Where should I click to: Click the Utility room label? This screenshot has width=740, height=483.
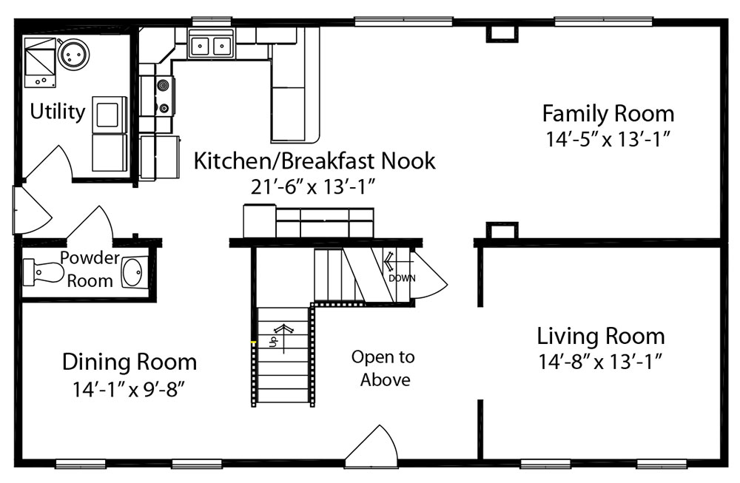(x=58, y=112)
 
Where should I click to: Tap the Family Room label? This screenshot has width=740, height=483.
(x=608, y=114)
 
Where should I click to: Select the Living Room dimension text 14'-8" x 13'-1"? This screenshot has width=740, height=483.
(x=601, y=362)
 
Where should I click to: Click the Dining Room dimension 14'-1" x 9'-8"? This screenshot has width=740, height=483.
(x=128, y=389)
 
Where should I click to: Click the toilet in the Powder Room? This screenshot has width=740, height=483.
(x=44, y=272)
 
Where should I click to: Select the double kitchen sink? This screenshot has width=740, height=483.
(x=210, y=46)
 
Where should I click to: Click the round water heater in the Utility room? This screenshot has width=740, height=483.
(x=73, y=54)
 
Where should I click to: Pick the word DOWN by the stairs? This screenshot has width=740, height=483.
(x=402, y=278)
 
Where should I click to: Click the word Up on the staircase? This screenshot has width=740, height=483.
(x=273, y=340)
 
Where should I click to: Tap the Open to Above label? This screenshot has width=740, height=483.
(x=383, y=368)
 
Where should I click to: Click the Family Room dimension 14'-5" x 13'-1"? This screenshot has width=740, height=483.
(x=608, y=139)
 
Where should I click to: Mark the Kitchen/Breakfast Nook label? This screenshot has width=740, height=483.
(x=314, y=161)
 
